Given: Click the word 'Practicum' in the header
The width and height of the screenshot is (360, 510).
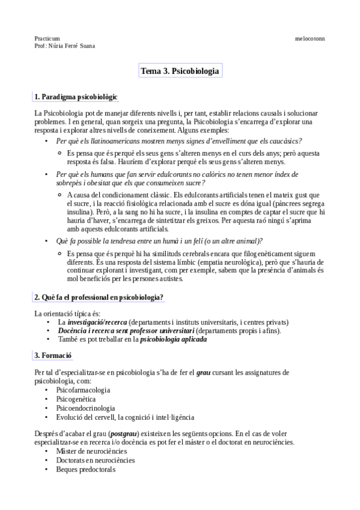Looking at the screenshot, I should [47, 38].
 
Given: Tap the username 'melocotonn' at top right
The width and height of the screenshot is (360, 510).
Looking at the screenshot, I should [310, 38].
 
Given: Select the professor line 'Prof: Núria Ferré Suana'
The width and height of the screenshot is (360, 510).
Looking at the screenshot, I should [64, 46].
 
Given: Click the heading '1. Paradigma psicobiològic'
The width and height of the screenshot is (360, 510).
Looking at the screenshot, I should [76, 96].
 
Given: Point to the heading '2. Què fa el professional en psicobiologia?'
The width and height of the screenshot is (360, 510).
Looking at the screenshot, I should [99, 297].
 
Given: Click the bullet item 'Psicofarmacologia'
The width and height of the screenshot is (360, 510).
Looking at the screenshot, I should [83, 390].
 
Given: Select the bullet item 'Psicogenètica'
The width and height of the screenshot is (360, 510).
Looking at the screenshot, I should [76, 399].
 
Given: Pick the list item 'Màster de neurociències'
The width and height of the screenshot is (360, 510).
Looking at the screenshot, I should [91, 451].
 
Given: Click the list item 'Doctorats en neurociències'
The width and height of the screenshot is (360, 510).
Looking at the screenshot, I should [96, 460].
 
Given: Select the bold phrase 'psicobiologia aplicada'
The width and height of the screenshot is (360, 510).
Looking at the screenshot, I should [173, 339].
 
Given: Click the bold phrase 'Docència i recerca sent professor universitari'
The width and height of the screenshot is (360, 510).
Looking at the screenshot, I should [126, 330].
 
